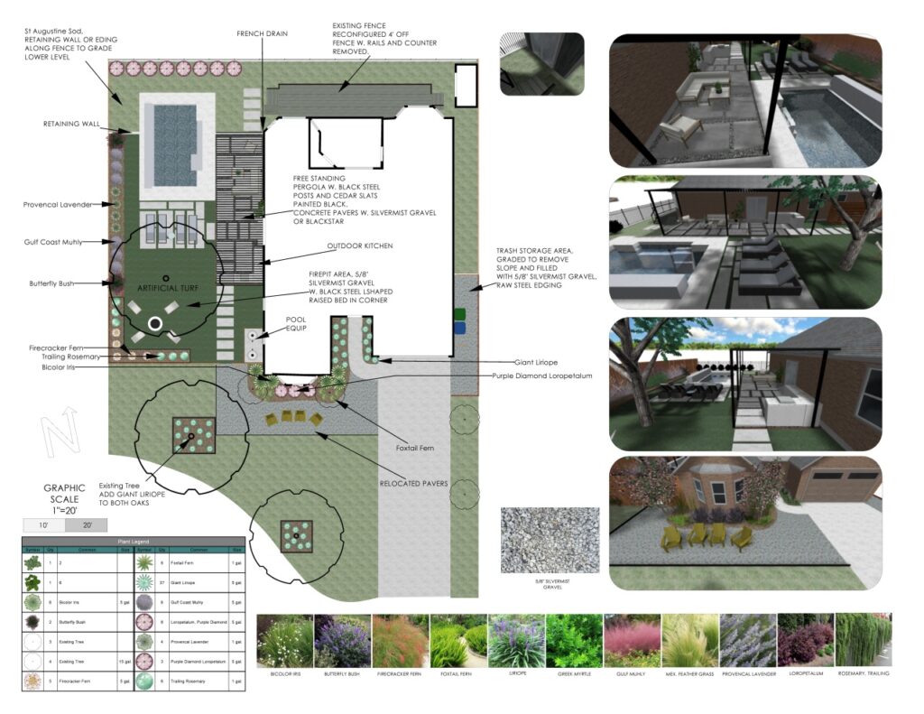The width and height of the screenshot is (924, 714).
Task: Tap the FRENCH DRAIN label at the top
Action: [262, 33]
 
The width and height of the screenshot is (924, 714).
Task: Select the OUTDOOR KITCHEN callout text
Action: [361, 246]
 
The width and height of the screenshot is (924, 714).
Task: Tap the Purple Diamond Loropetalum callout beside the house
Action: [541, 376]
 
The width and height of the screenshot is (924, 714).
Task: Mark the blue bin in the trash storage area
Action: [460, 329]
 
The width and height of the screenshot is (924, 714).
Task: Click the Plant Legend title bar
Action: [134, 540]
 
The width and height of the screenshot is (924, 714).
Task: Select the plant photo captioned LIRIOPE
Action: [517, 641]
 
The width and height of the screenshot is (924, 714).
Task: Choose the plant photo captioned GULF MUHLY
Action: [631, 641]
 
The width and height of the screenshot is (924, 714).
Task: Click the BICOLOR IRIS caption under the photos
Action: [284, 673]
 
